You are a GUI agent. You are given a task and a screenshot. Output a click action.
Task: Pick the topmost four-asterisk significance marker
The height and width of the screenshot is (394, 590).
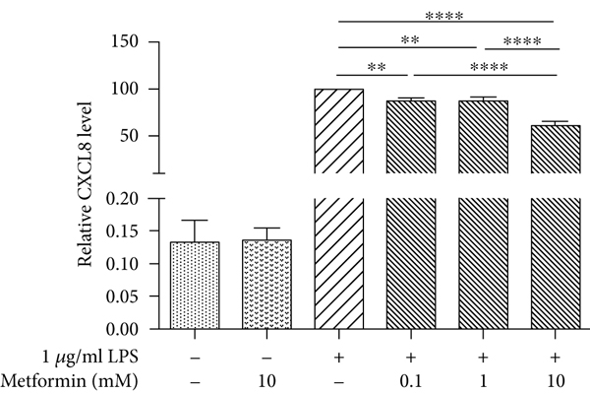point(445,15)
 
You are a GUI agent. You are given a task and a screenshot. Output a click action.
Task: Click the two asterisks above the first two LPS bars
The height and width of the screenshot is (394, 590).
point(375,67)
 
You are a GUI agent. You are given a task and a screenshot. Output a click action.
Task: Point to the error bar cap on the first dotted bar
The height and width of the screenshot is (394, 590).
point(195,220)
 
